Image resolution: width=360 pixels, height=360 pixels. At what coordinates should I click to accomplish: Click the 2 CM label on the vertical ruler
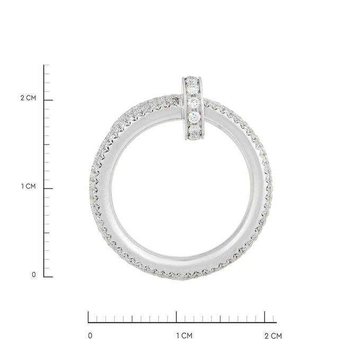(28, 98)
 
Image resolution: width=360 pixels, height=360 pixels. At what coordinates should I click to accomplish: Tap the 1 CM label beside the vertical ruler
(29, 186)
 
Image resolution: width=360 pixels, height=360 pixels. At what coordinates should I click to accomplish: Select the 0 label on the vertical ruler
(34, 275)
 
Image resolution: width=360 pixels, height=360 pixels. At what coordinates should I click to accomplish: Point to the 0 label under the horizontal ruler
(90, 336)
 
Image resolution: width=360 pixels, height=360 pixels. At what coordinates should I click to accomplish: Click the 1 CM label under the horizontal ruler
(184, 336)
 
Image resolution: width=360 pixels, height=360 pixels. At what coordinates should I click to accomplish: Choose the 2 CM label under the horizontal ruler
(273, 336)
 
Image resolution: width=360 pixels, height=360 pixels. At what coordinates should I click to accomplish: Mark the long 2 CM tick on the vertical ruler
(48, 100)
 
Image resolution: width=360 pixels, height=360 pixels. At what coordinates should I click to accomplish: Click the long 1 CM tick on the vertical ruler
(48, 188)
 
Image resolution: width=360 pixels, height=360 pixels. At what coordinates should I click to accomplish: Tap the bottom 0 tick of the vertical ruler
(48, 277)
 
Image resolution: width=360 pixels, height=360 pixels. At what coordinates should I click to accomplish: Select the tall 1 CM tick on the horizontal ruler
(176, 317)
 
